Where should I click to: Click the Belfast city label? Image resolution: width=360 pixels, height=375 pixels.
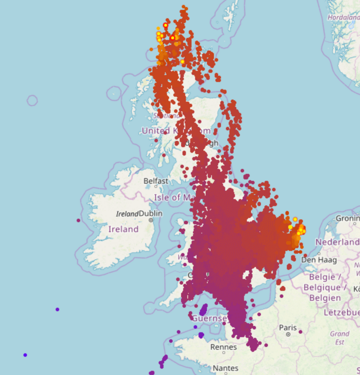coord(156,181)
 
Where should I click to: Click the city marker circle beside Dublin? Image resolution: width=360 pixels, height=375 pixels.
coord(151,220)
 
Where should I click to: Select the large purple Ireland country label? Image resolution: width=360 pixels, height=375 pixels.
coord(123,229)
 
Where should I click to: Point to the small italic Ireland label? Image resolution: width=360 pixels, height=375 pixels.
coord(127,214)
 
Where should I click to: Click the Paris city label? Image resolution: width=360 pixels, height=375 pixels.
coord(288,327)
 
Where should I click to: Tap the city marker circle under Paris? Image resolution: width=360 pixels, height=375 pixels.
coord(288,334)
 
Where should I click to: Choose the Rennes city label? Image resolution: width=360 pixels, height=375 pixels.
coord(223,347)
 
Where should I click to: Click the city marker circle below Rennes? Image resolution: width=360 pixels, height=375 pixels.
coord(224,353)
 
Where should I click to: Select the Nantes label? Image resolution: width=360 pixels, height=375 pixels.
coord(226,368)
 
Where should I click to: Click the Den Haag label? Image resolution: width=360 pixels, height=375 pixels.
coord(319,260)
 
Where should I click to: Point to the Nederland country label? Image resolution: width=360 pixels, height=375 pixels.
coord(337,242)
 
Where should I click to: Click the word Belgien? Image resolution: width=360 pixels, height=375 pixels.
coord(325,297)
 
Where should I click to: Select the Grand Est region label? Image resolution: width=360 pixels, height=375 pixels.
coord(339,337)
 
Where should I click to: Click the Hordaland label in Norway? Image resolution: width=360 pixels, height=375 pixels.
coord(343,17)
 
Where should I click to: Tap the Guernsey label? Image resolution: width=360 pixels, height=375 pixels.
coord(209,318)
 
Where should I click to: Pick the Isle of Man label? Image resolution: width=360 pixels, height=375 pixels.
coord(174,197)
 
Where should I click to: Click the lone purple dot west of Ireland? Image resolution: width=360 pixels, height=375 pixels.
coord(78,220)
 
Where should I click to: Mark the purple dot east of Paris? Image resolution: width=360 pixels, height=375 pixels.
coord(300,332)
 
